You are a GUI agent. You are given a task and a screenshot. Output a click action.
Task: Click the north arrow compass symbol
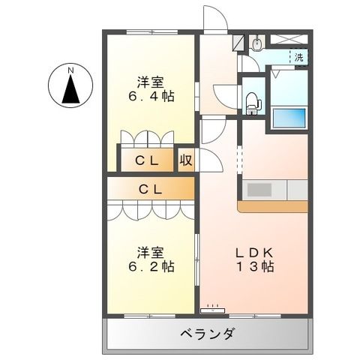(70, 91)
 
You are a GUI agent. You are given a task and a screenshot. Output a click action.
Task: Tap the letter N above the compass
(70, 70)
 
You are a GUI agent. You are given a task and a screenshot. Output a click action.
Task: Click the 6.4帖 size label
(151, 97)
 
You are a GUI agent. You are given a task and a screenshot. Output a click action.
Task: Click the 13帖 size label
(254, 266)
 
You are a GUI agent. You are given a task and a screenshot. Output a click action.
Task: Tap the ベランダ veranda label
(208, 334)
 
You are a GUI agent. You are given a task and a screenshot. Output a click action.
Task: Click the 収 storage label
(185, 159)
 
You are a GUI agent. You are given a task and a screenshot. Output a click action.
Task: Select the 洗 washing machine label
(299, 57)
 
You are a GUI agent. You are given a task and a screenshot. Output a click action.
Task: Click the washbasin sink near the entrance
(257, 44)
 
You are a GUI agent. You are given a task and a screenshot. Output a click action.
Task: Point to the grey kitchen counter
(274, 190)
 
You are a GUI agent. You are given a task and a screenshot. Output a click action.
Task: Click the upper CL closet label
(146, 159)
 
